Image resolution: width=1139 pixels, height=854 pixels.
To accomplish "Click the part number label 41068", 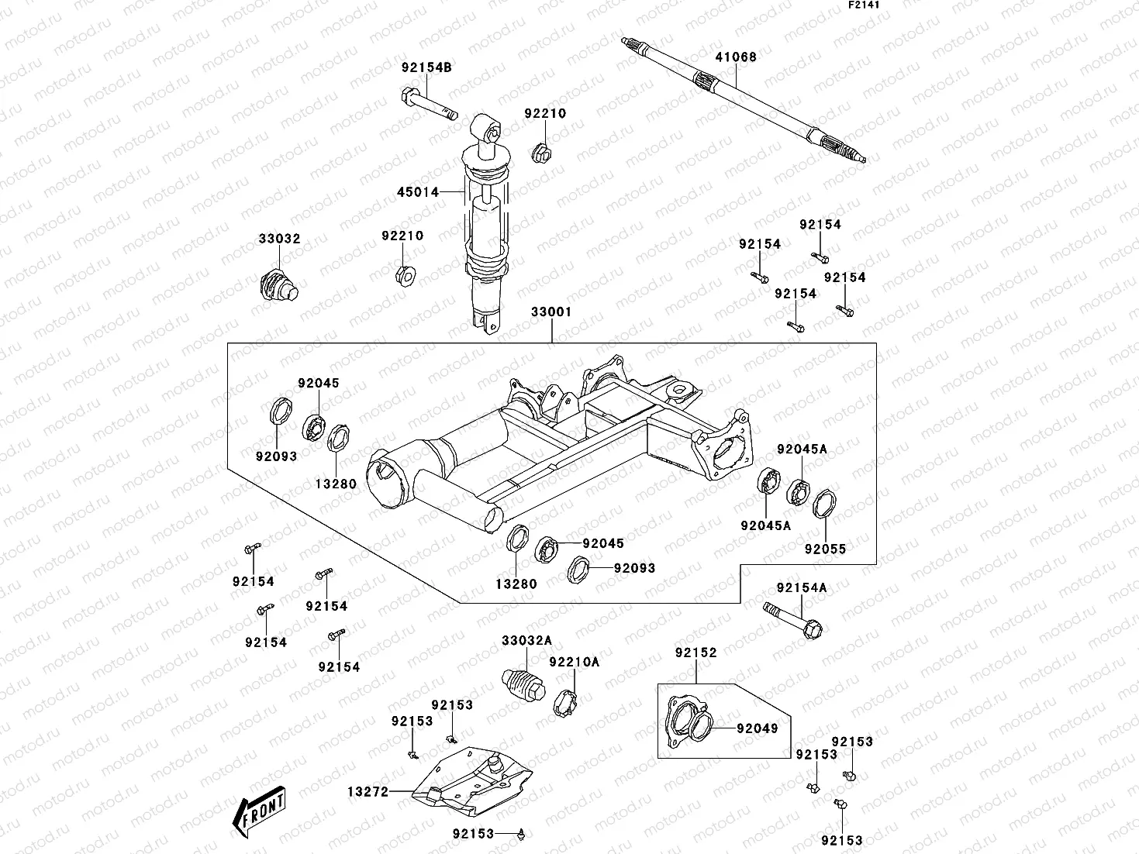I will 735,57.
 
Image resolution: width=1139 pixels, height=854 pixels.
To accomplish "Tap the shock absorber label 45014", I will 418,191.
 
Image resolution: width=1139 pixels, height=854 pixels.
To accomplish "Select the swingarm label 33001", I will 551,312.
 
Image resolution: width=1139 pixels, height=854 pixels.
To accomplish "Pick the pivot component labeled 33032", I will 277,285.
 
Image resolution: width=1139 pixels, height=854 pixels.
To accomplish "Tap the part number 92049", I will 757,728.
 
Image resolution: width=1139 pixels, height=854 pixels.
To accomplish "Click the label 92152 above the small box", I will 695,653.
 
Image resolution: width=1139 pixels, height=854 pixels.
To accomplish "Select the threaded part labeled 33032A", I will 524,683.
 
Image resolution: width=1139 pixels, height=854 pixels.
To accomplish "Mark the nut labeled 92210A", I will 568,702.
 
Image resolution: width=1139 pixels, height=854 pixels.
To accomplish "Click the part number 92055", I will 825,549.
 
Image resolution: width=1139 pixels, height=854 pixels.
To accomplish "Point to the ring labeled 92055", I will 824,503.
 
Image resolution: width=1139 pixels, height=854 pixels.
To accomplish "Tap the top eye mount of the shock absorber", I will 484,127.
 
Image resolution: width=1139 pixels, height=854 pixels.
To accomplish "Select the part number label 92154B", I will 426,67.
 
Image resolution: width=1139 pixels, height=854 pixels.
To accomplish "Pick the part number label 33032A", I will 526,640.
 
